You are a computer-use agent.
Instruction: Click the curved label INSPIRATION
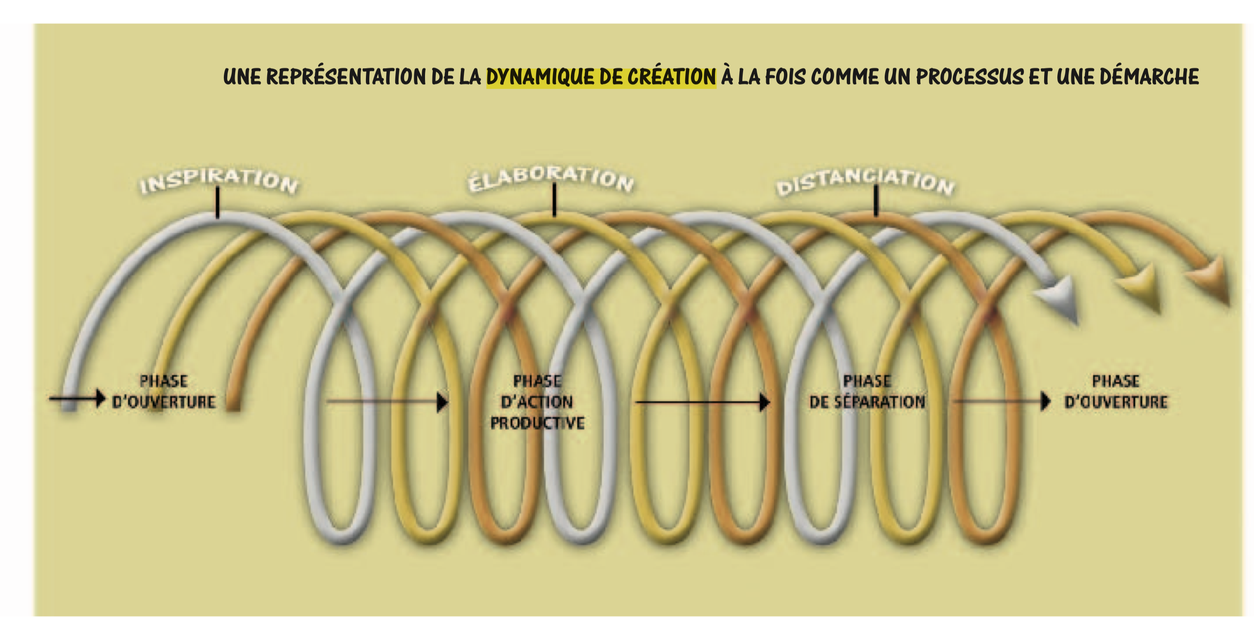point(218,180)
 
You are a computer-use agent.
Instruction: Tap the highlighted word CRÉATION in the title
point(672,77)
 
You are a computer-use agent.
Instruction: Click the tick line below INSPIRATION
point(218,202)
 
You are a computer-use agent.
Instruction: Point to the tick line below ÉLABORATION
point(554,199)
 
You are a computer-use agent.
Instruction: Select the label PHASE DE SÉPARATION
point(867,392)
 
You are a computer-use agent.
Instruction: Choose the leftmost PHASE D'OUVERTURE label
point(164,392)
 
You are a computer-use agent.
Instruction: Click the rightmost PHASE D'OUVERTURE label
point(1116,392)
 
